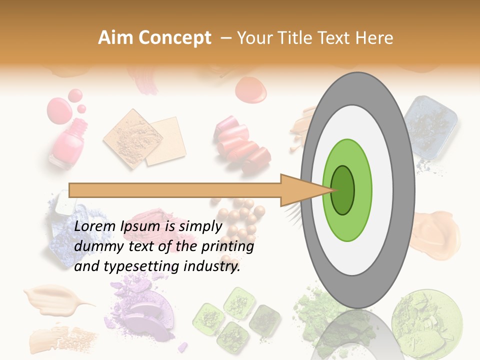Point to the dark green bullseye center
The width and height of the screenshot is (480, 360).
pyautogui.click(x=343, y=190)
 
